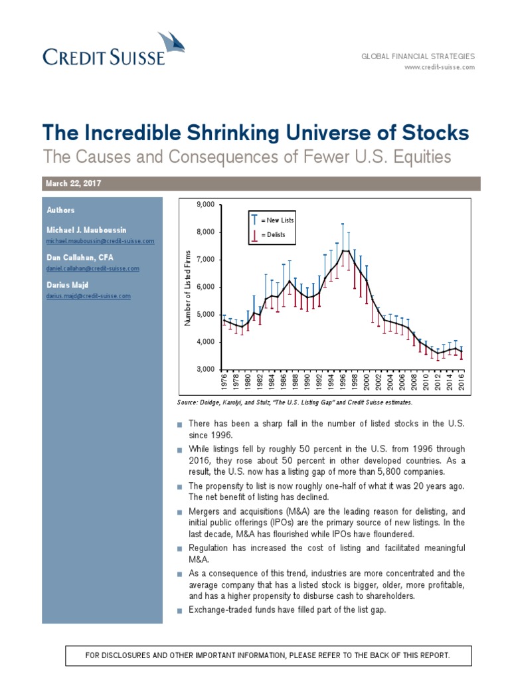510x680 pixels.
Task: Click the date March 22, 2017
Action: pyautogui.click(x=73, y=183)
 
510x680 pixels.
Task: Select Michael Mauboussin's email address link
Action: pyautogui.click(x=100, y=241)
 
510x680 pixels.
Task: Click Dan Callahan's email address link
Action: pyautogui.click(x=93, y=268)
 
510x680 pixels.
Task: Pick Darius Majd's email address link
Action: pyautogui.click(x=88, y=296)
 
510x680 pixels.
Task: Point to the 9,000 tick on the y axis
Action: pyautogui.click(x=206, y=205)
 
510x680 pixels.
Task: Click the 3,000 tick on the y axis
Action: pyautogui.click(x=206, y=369)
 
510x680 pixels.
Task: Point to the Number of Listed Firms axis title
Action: pyautogui.click(x=188, y=288)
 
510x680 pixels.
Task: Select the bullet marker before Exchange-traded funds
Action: pyautogui.click(x=179, y=610)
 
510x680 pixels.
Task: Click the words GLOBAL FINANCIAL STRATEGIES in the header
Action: pyautogui.click(x=418, y=57)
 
